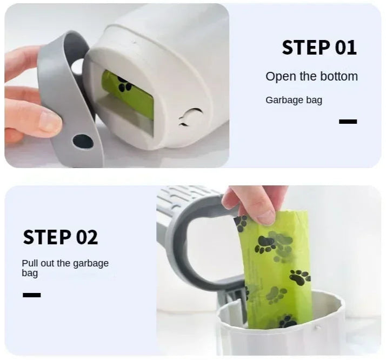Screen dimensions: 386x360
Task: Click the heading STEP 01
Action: pyautogui.click(x=320, y=47)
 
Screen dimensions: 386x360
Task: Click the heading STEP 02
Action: pyautogui.click(x=61, y=237)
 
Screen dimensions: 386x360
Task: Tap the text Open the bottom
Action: pyautogui.click(x=311, y=77)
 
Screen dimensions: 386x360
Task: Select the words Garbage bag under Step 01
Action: pyautogui.click(x=294, y=100)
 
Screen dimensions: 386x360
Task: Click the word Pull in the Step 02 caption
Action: pyautogui.click(x=30, y=263)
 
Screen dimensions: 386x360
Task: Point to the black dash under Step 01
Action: pyautogui.click(x=348, y=121)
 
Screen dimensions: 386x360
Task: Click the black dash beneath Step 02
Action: pyautogui.click(x=32, y=295)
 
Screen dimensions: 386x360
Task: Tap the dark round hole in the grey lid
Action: pyautogui.click(x=83, y=142)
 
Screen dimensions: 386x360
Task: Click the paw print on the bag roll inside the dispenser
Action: pyautogui.click(x=124, y=84)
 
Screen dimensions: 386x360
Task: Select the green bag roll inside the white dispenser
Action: pyautogui.click(x=128, y=94)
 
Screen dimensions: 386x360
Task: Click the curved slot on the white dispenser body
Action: pyautogui.click(x=190, y=117)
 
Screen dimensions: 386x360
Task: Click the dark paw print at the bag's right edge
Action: pyautogui.click(x=300, y=277)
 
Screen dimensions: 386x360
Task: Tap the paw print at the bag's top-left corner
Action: pyautogui.click(x=241, y=223)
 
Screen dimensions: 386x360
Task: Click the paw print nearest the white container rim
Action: pyautogui.click(x=287, y=321)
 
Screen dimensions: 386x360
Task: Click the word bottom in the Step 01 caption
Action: pyautogui.click(x=339, y=77)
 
